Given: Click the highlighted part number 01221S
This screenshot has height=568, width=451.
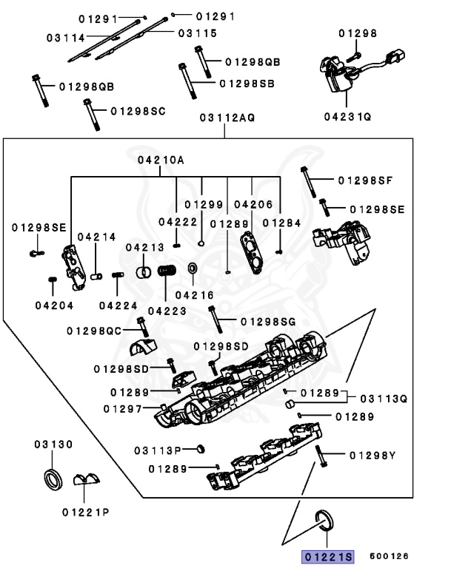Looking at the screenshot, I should [327, 556].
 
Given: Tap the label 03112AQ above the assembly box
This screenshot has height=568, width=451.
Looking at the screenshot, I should [226, 118].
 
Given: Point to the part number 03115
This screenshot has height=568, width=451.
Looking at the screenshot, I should [197, 33].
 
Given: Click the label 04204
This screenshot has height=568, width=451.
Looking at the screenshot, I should [53, 304].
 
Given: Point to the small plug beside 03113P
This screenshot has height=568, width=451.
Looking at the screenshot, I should [200, 449].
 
